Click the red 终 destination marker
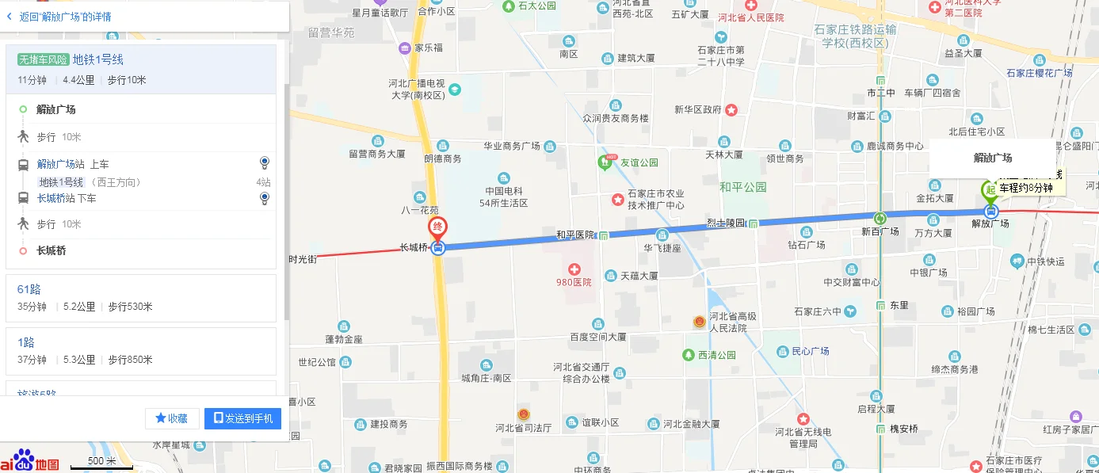click(x=437, y=227)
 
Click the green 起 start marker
click(x=989, y=190)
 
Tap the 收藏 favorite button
click(x=172, y=418)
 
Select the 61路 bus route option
click(x=29, y=289)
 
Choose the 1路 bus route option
click(x=25, y=342)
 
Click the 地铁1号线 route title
click(x=98, y=59)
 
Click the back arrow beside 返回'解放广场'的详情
click(x=9, y=16)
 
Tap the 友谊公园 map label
click(x=639, y=162)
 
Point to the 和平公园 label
click(x=742, y=187)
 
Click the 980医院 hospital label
click(x=574, y=282)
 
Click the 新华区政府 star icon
click(x=731, y=109)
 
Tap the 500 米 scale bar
click(x=101, y=463)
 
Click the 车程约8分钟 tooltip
click(x=1025, y=188)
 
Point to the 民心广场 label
click(x=810, y=351)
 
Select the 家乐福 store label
click(x=428, y=48)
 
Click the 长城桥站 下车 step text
click(x=67, y=198)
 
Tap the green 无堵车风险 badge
click(x=43, y=59)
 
